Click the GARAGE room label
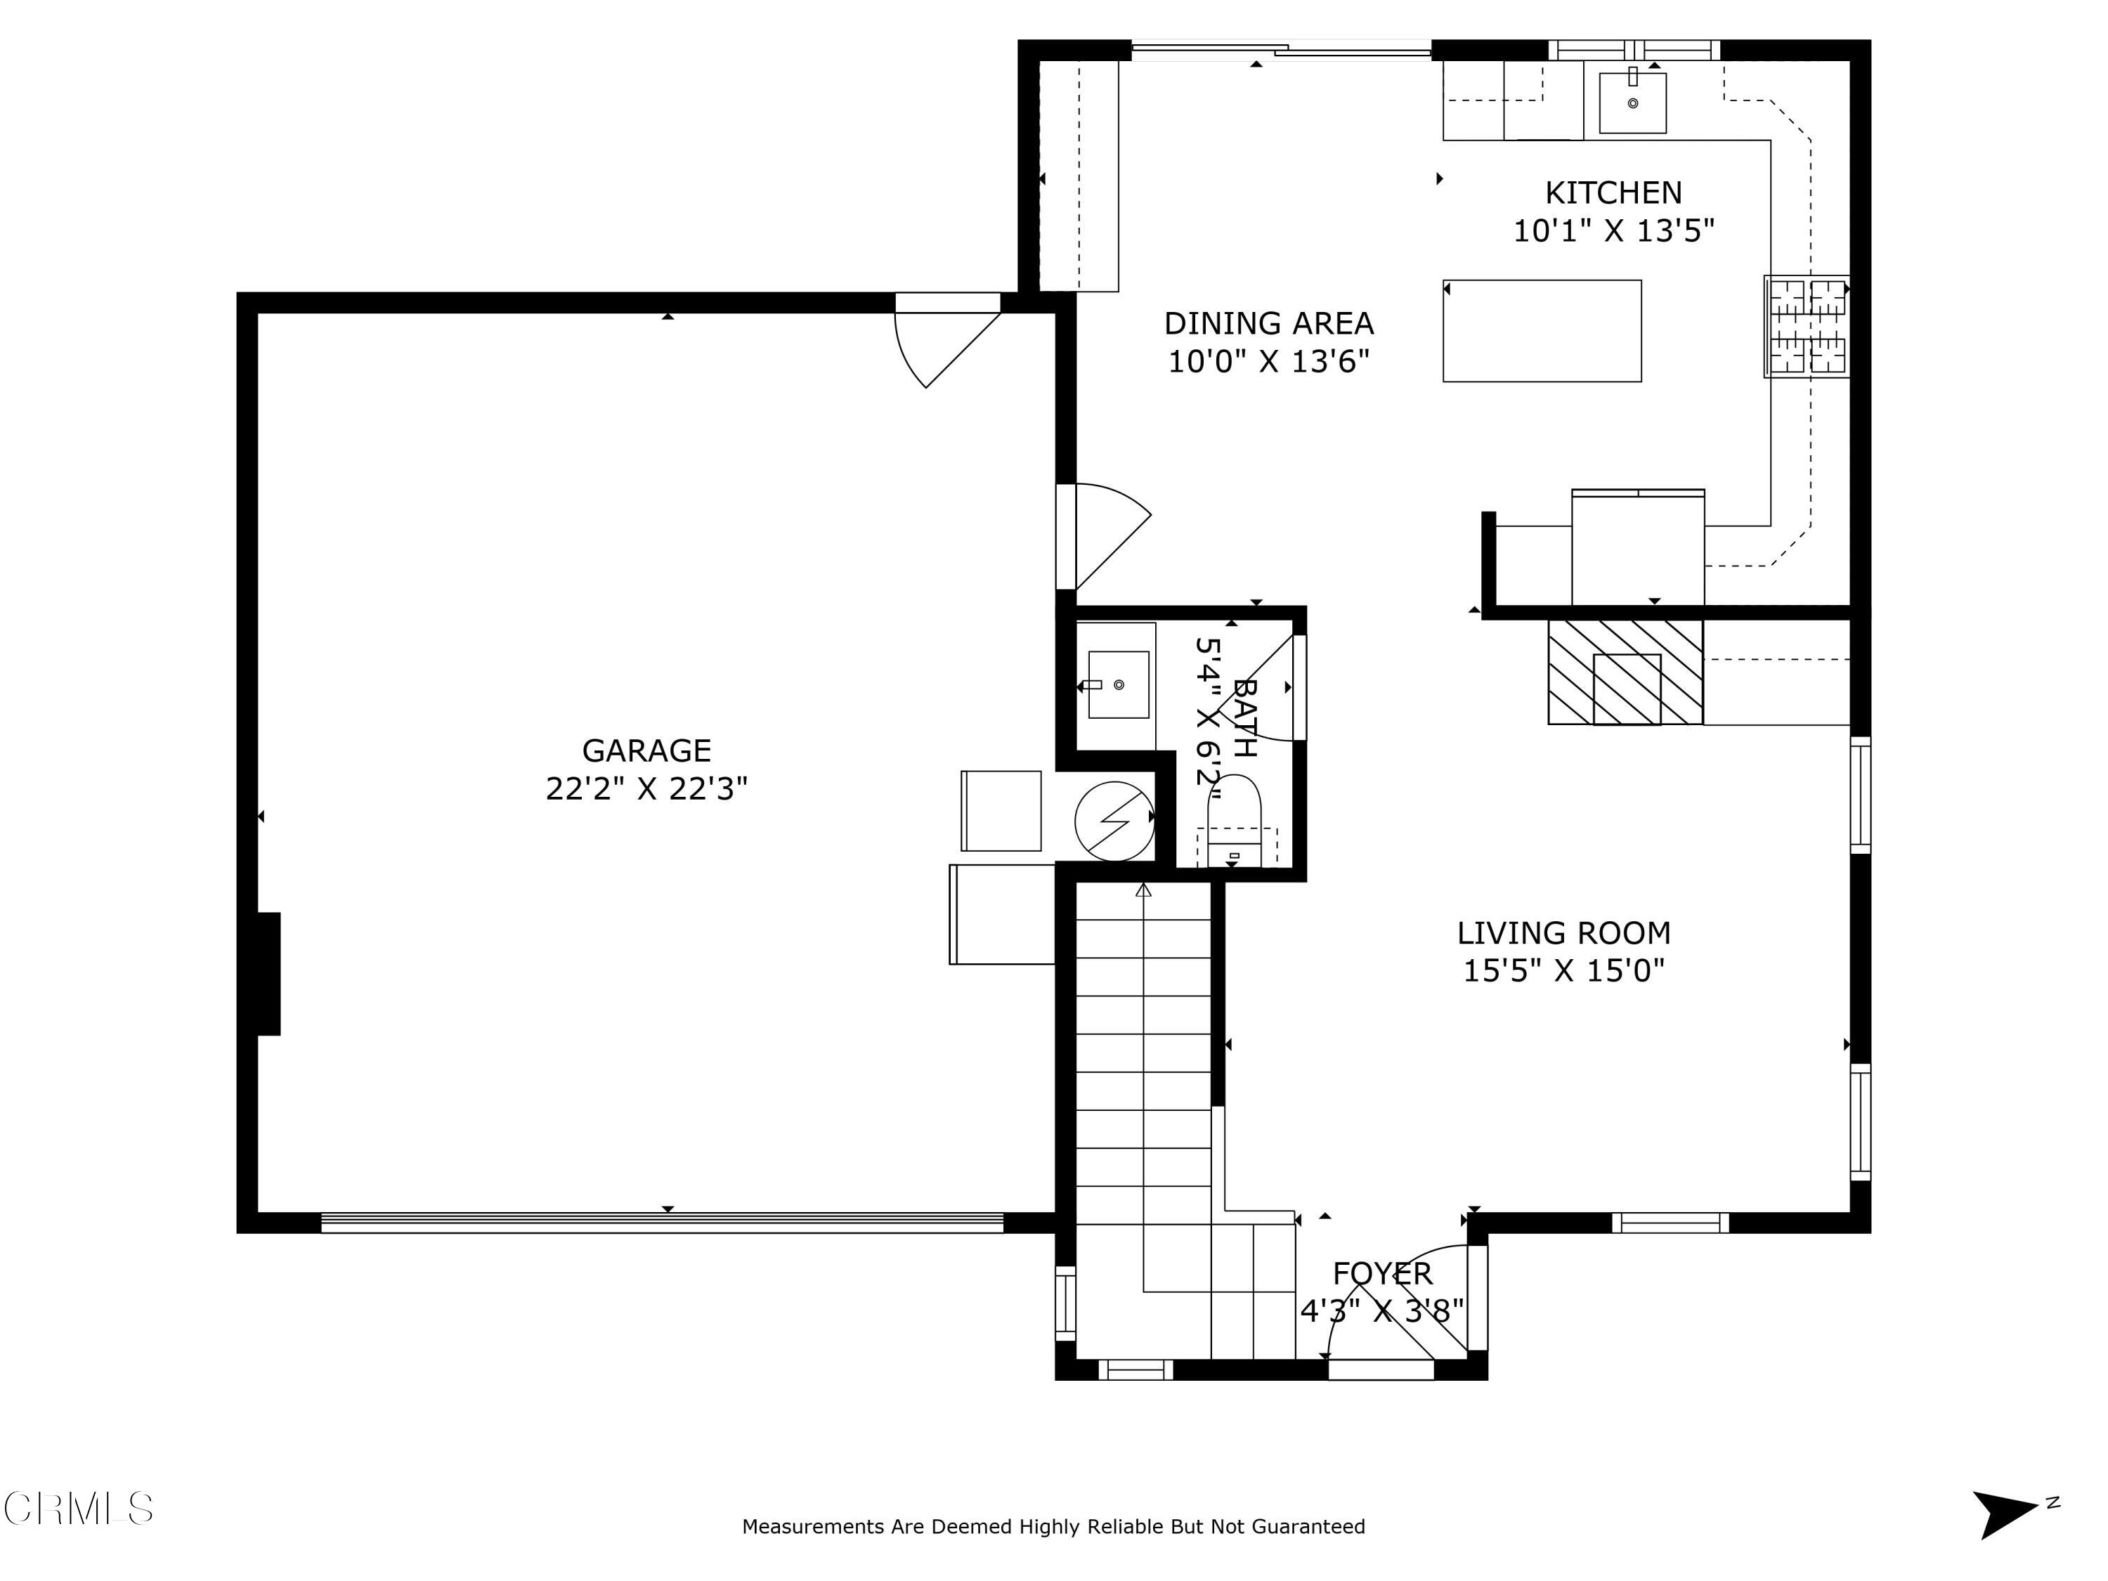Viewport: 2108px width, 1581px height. coord(646,751)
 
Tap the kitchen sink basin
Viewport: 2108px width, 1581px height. coord(1632,103)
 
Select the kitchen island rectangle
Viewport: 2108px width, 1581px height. coord(1541,331)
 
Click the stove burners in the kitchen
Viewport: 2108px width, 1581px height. coord(1806,327)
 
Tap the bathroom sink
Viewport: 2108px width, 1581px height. coord(1118,684)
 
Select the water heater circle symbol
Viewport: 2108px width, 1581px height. coord(1113,821)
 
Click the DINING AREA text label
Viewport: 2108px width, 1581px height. coord(1268,324)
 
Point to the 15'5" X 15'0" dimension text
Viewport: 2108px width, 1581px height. coord(1563,971)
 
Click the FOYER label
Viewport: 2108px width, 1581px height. coord(1382,1273)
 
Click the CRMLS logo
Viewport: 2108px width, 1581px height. coord(78,1509)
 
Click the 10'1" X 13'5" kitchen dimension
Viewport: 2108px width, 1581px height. coord(1613,230)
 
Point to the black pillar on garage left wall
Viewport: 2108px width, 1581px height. coord(268,973)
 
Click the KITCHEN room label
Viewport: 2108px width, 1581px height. coord(1613,193)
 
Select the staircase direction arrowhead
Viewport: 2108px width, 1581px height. coord(1143,890)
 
